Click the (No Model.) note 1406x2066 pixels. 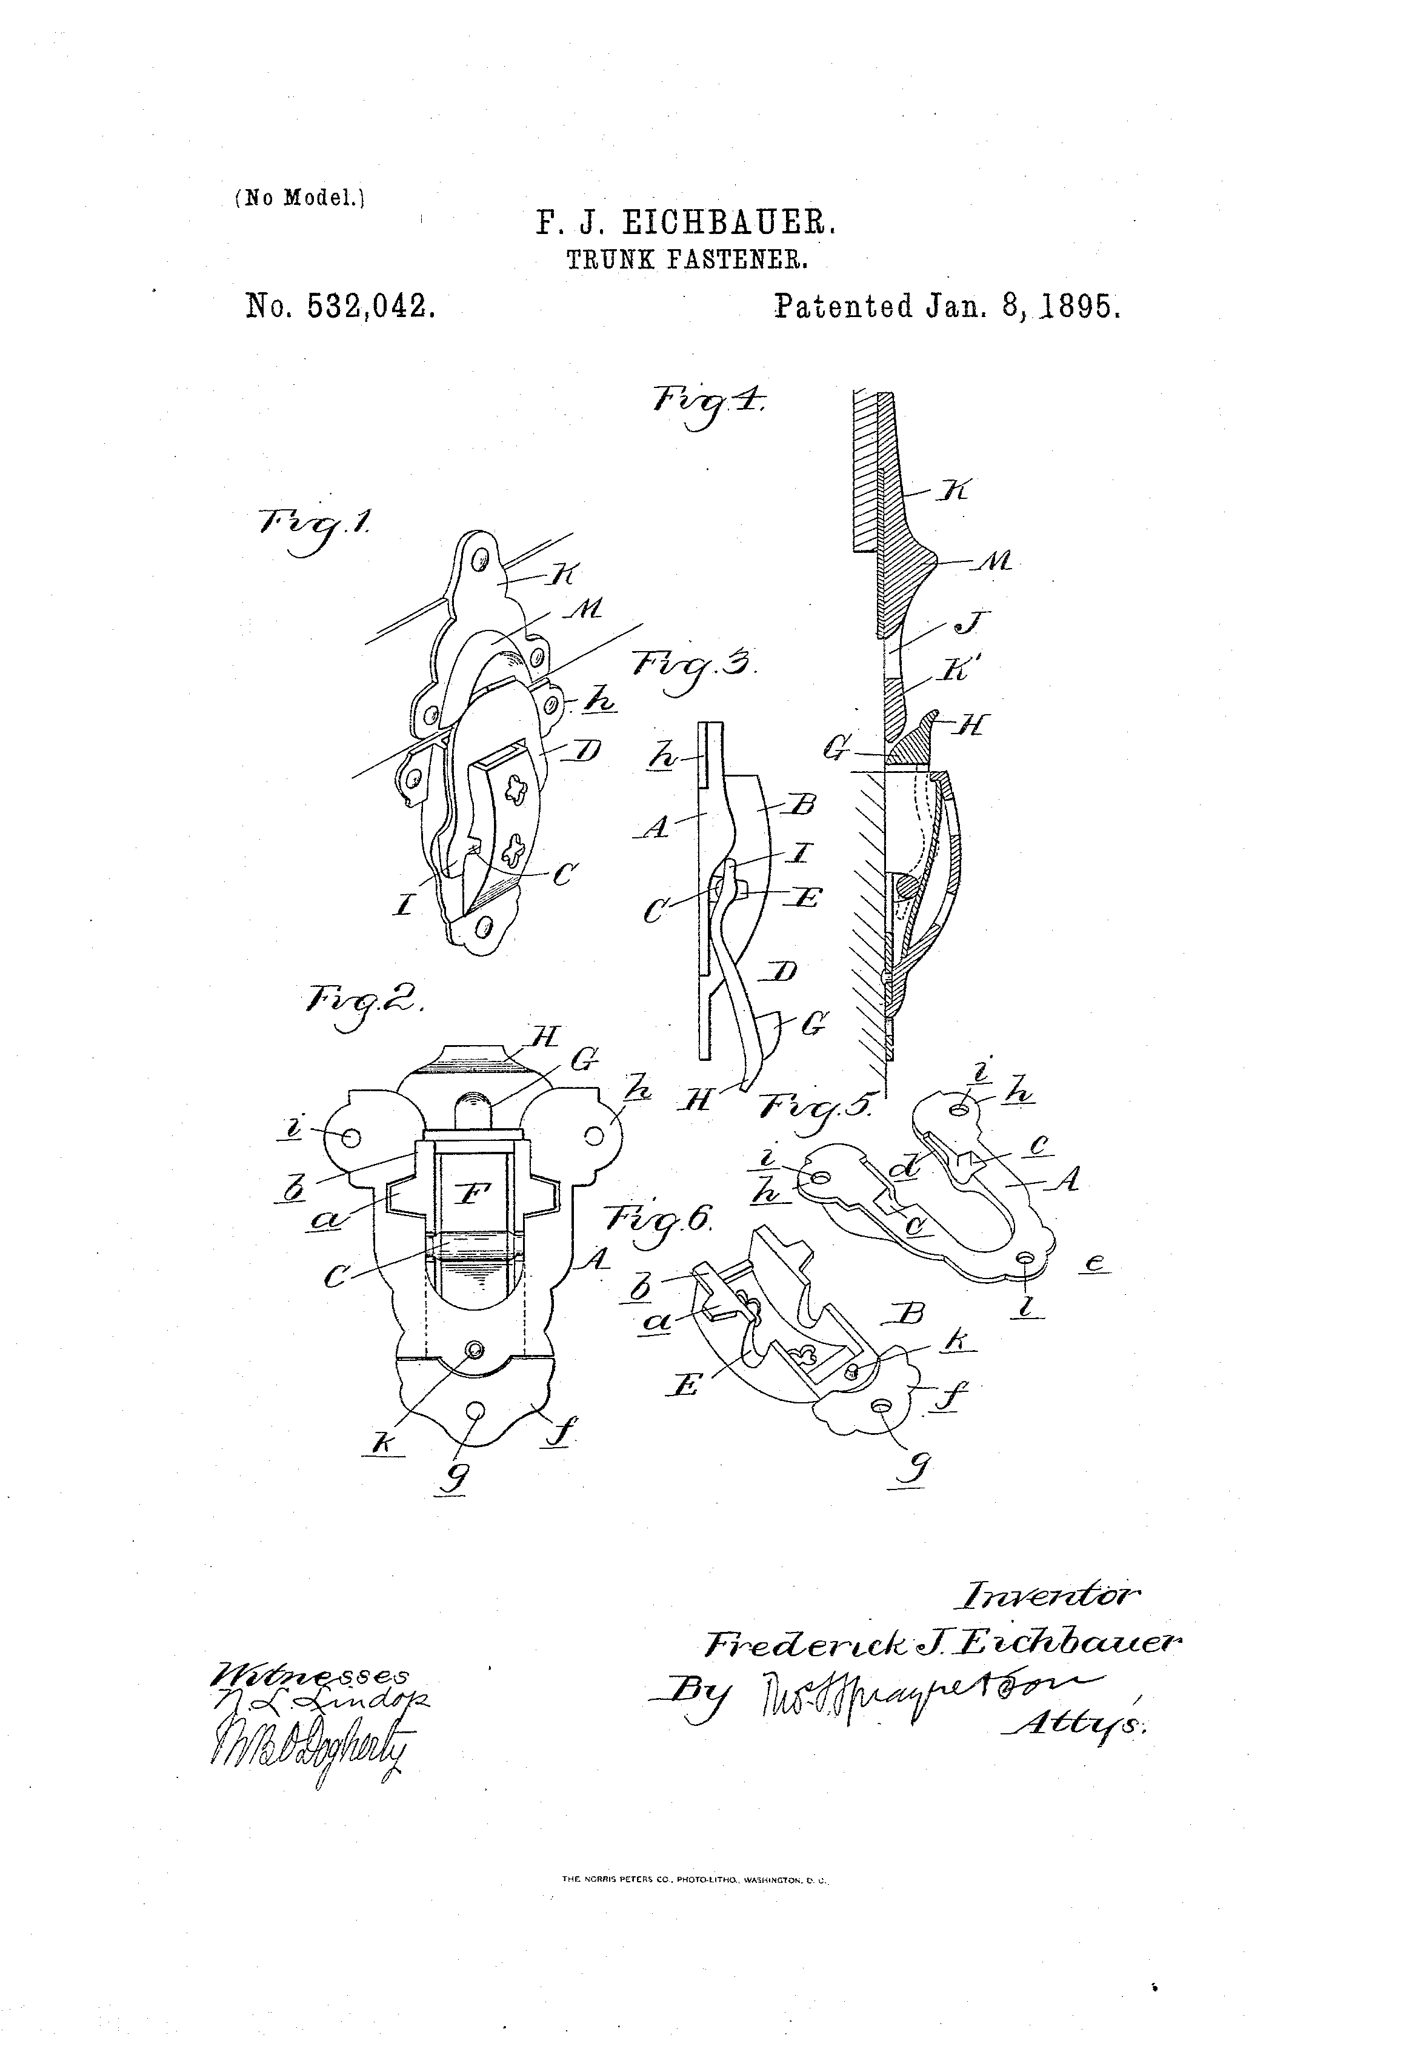coord(299,198)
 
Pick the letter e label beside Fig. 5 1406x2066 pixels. coord(1097,1264)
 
